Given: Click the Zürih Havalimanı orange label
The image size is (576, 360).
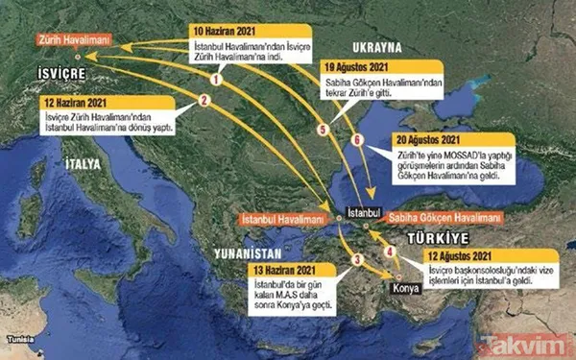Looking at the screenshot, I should (75, 40).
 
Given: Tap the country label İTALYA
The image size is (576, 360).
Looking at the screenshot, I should (84, 165).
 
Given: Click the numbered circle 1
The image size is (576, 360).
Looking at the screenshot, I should (215, 80).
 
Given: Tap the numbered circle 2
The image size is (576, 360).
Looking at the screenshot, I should (203, 98).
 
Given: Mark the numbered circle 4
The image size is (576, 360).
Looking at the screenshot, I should (389, 252).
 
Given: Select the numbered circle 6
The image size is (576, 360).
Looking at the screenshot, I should (358, 140).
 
